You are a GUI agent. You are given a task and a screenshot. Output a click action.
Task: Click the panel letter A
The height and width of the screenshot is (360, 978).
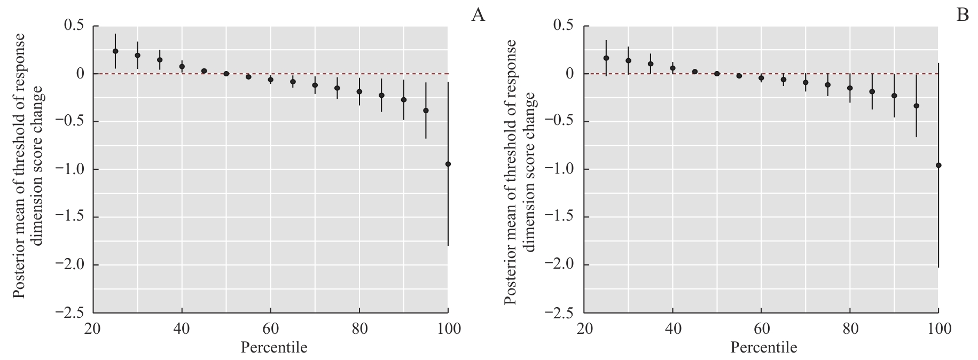[478, 15]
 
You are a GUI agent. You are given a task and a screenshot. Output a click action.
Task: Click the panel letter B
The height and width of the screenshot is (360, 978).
[963, 15]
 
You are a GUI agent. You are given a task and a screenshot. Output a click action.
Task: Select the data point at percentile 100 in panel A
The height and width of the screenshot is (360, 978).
[448, 164]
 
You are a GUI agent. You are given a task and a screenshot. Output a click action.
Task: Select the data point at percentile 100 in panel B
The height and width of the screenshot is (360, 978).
[938, 166]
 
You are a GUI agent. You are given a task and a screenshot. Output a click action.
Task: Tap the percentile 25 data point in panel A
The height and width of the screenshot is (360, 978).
[115, 51]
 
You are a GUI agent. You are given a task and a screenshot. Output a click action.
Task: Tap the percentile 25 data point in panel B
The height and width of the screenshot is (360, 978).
[606, 58]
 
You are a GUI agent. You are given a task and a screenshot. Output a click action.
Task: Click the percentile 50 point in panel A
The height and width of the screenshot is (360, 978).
[226, 74]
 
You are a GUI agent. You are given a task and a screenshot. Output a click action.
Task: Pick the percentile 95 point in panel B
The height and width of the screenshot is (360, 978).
[917, 106]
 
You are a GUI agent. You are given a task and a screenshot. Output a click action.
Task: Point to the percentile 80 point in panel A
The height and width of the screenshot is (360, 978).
[359, 91]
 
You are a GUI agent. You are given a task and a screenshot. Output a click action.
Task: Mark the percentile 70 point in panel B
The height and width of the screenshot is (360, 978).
[805, 82]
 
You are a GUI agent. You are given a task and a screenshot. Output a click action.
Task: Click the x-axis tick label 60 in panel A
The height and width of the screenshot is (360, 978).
[271, 328]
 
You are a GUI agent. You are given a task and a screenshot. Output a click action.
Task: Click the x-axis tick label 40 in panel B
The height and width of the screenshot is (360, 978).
[672, 328]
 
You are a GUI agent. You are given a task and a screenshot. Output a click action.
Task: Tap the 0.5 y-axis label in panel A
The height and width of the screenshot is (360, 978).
[75, 26]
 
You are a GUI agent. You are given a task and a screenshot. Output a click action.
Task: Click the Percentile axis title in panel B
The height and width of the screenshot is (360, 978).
[764, 348]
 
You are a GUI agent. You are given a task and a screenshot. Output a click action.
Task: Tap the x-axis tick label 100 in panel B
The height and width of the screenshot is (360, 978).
[938, 328]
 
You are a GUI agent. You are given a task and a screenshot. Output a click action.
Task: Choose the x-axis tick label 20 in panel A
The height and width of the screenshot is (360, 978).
[93, 328]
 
